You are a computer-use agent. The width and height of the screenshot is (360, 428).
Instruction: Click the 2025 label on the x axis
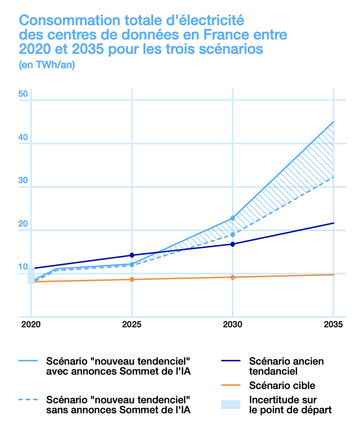[x=131, y=324]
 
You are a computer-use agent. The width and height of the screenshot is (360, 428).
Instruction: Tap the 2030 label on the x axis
[x=232, y=324]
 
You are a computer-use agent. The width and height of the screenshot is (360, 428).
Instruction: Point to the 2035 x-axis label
[x=334, y=324]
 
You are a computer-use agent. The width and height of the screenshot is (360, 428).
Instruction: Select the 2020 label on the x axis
[x=31, y=324]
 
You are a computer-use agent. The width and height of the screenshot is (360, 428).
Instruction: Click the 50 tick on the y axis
[x=23, y=94]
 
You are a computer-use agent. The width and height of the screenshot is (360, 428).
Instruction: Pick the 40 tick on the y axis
[x=23, y=138]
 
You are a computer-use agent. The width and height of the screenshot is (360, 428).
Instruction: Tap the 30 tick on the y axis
[x=23, y=181]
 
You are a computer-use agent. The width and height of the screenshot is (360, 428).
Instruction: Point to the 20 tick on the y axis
[x=23, y=224]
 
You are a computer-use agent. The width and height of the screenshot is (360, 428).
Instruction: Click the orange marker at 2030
[x=232, y=277]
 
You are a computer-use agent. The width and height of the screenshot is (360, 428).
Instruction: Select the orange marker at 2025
[x=131, y=280]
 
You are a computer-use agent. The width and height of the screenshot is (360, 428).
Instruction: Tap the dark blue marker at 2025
[x=131, y=255]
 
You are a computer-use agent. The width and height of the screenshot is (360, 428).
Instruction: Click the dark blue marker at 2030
[x=232, y=244]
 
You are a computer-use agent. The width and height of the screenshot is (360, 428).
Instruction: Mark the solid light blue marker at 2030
[x=232, y=218]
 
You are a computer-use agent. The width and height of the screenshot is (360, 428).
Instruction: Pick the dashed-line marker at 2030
[x=232, y=235]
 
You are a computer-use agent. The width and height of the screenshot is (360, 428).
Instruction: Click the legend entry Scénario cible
[x=282, y=385]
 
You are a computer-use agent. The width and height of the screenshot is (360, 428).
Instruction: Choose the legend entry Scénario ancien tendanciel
[x=286, y=366]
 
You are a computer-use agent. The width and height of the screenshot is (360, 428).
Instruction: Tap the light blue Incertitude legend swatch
[x=230, y=404]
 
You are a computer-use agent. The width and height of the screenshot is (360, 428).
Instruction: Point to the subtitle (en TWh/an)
[x=47, y=65]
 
